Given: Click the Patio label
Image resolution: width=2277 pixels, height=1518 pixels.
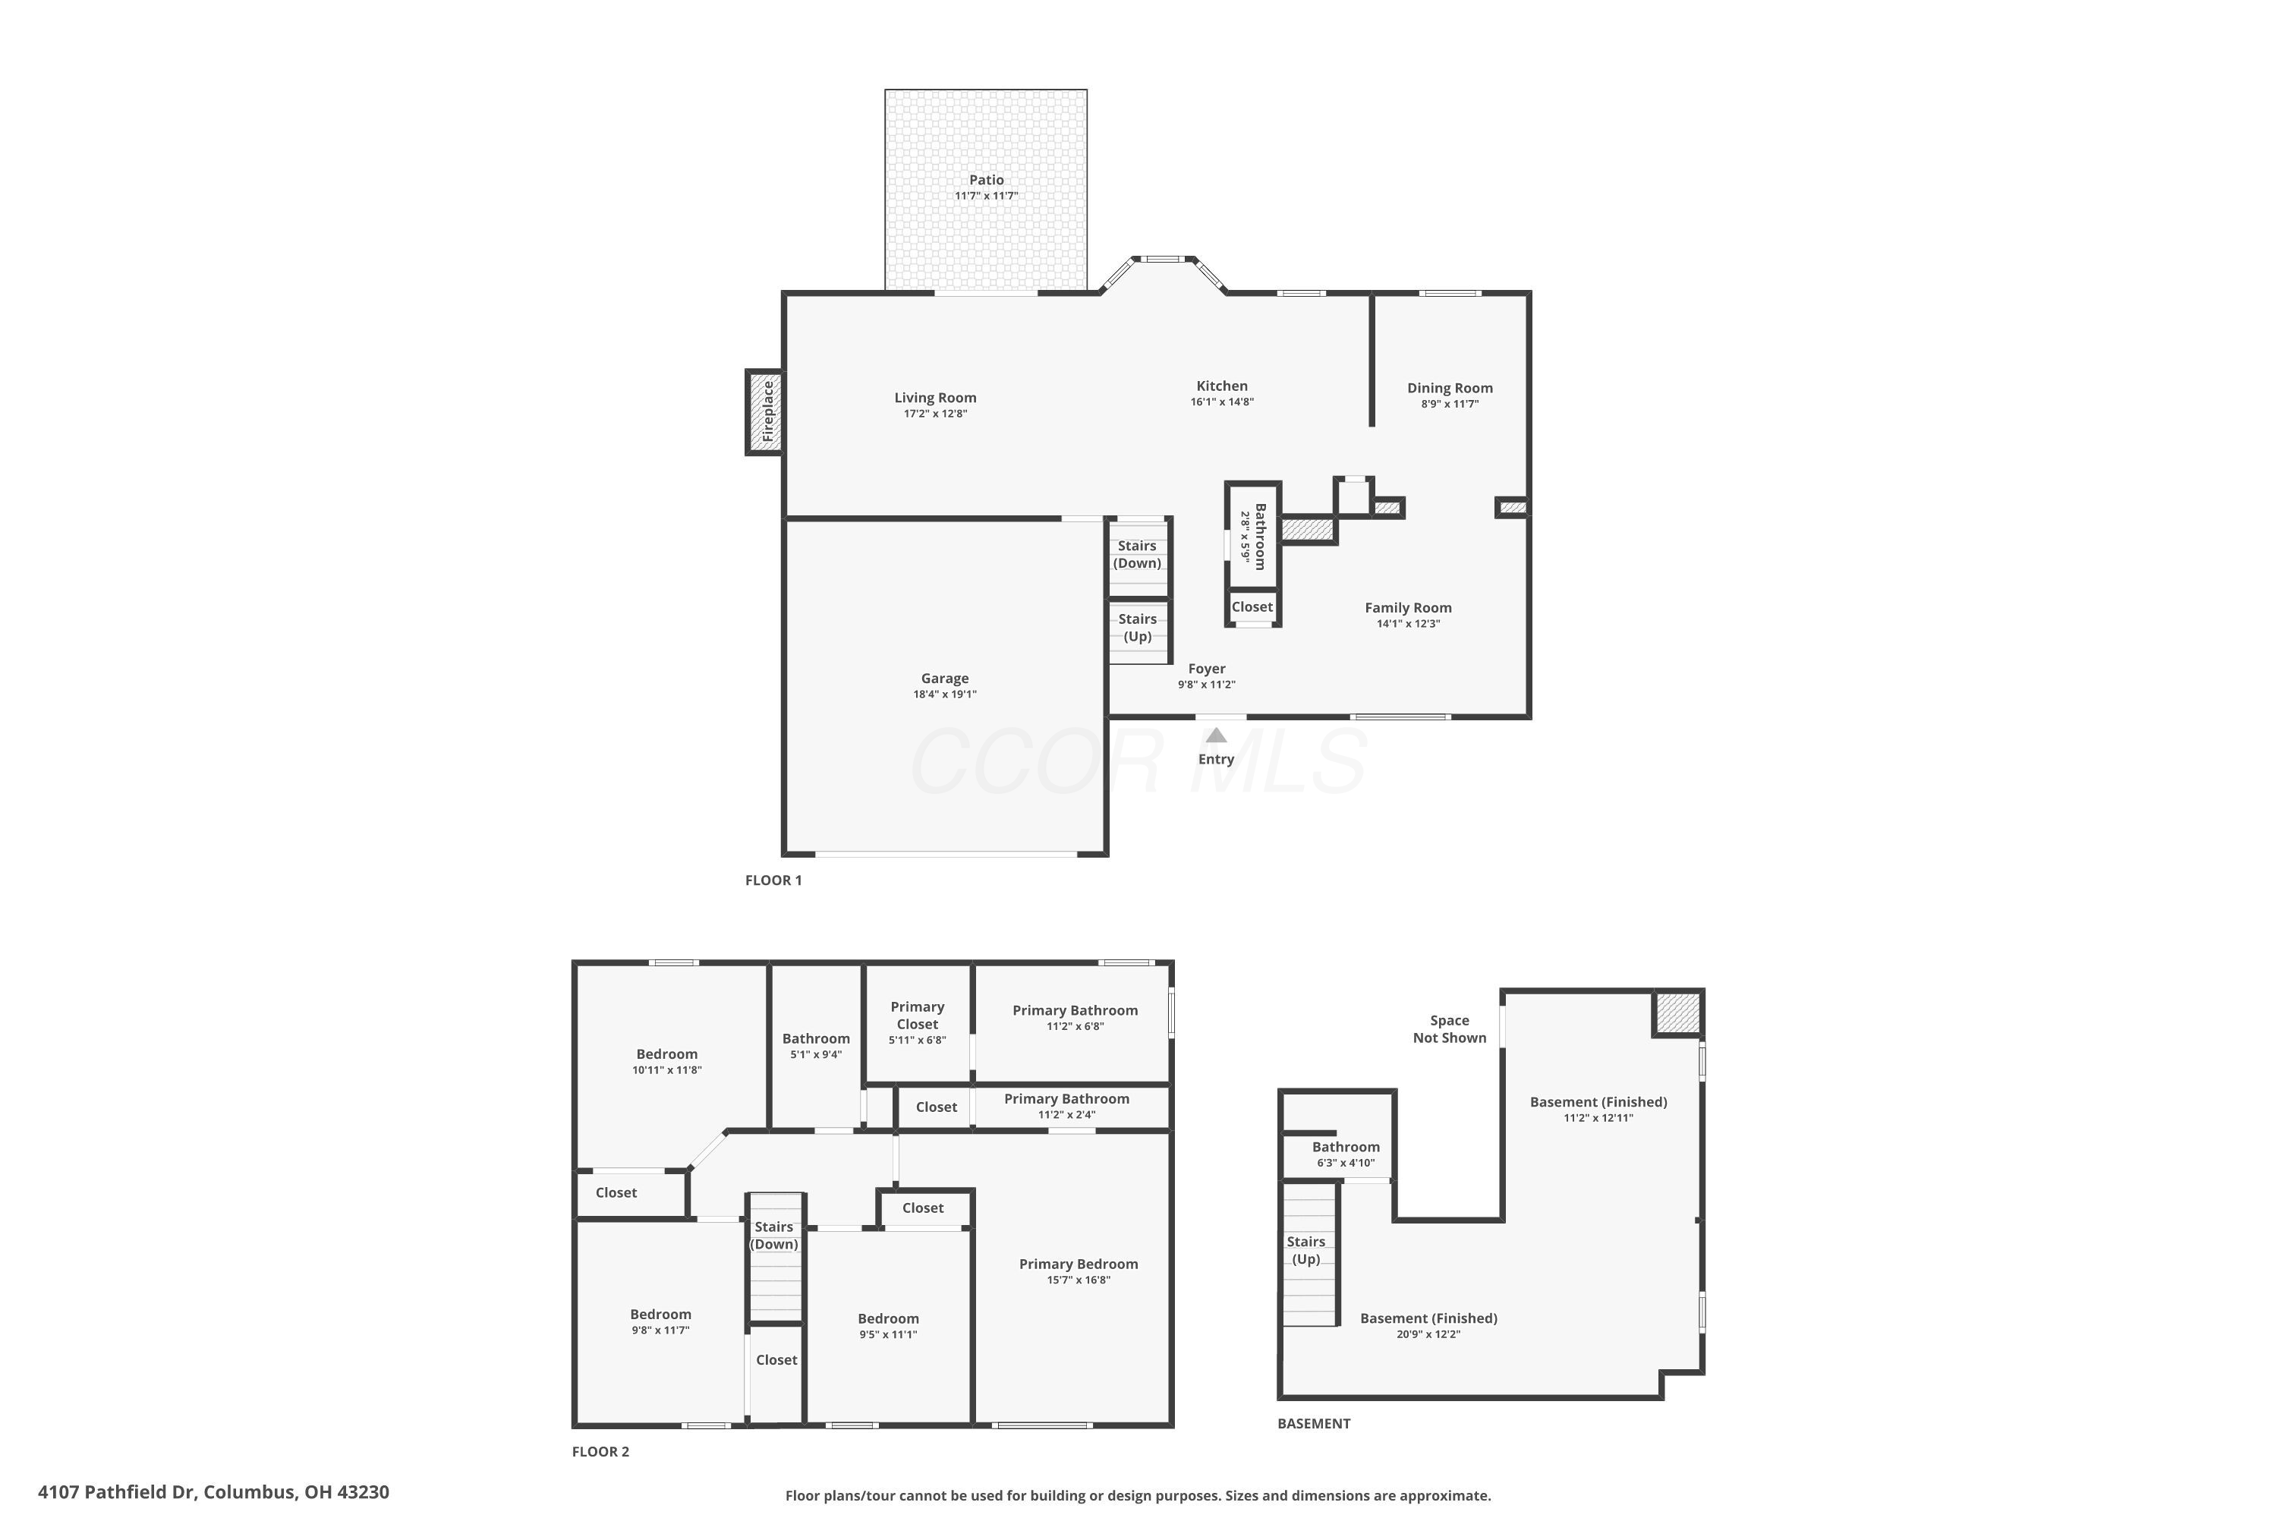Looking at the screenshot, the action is point(987,180).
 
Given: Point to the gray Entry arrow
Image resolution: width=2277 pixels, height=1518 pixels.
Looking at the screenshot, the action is point(1216,735).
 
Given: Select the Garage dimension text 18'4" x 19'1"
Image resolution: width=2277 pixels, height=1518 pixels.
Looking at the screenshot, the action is point(945,694).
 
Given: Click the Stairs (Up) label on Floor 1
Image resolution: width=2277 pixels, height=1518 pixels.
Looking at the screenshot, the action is point(1138,628).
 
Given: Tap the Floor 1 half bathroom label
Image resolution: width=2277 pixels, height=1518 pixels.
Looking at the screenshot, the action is point(1259,537).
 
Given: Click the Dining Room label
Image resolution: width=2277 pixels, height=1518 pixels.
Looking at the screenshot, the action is point(1449,388).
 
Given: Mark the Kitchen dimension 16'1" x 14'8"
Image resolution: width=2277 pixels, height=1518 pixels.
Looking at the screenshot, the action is point(1222,402).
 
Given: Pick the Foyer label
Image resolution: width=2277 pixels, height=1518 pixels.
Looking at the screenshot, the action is point(1206,669).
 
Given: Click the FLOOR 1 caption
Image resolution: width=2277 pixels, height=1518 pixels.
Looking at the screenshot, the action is point(773,880).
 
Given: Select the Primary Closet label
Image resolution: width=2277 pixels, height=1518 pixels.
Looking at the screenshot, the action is point(917,1016).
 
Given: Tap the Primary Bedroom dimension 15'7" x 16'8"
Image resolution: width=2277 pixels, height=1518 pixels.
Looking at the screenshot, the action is point(1079,1280).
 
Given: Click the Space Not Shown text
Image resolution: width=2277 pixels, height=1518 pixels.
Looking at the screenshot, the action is point(1449,1029).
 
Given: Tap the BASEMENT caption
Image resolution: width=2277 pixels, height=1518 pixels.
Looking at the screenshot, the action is point(1314,1423).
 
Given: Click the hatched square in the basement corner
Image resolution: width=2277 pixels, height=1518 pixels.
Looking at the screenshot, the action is point(1677,1013).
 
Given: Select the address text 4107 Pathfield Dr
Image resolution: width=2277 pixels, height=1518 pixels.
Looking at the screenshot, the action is point(116,1492).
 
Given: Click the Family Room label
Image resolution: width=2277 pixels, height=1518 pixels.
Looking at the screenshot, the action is point(1408,608).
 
